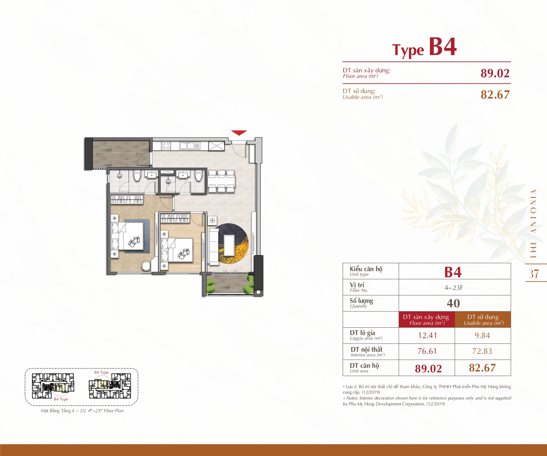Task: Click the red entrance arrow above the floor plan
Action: (x=239, y=133)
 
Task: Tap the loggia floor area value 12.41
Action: (x=427, y=335)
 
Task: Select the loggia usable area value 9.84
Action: (x=482, y=335)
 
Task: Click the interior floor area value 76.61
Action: (x=427, y=351)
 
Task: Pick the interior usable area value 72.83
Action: (x=482, y=351)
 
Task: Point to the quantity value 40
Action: (x=453, y=303)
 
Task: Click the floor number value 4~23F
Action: (x=454, y=288)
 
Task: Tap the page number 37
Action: (x=534, y=274)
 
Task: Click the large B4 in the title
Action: (x=443, y=47)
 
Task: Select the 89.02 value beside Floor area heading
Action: (x=495, y=73)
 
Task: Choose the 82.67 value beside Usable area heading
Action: (x=495, y=94)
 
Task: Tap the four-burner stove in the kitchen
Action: (x=166, y=146)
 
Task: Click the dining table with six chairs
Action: (x=221, y=182)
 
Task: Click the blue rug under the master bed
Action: (x=137, y=236)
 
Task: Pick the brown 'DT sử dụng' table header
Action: (x=483, y=320)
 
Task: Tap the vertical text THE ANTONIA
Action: (x=533, y=224)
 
